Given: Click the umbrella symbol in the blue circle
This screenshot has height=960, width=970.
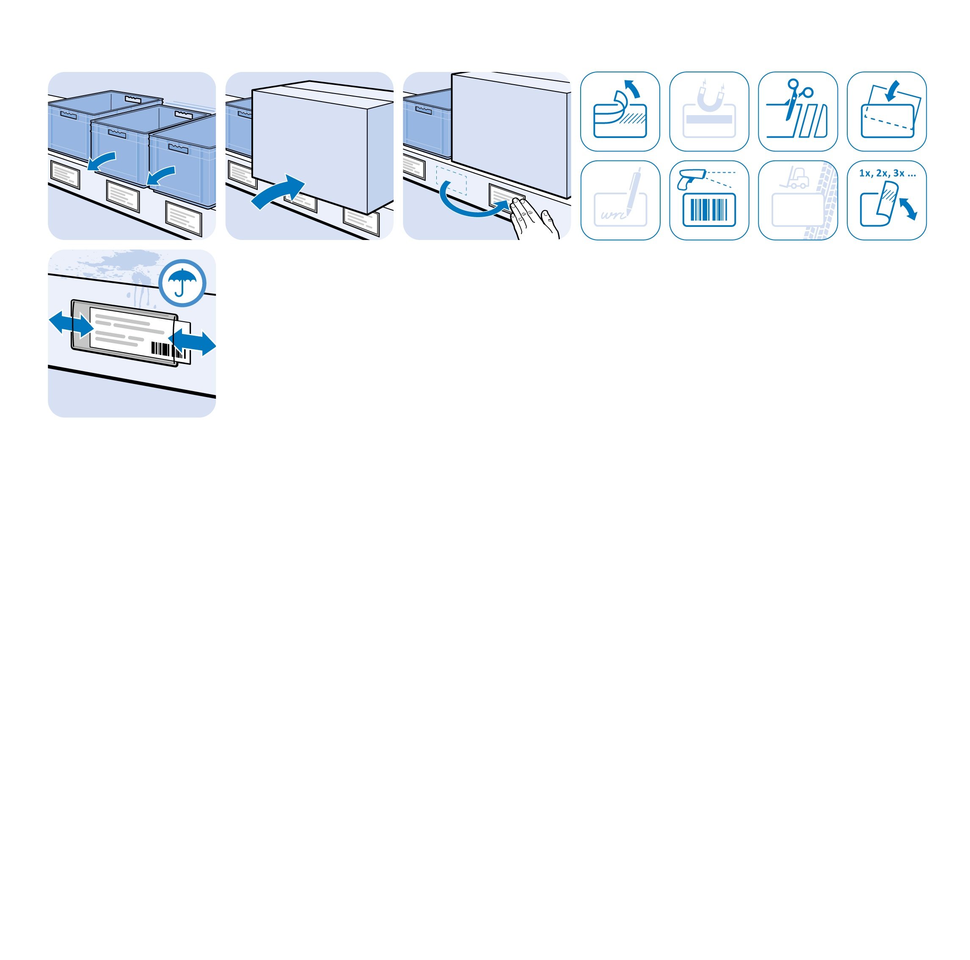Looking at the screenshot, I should tap(182, 282).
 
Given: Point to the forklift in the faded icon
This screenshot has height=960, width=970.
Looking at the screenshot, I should tap(797, 178).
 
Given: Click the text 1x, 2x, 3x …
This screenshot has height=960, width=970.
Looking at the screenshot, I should tap(887, 174).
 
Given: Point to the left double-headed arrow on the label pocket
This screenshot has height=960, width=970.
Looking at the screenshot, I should tap(71, 324).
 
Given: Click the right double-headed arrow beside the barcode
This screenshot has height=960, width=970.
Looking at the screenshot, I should tap(193, 342).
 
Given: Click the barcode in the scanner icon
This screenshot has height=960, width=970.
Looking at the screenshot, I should tap(709, 210).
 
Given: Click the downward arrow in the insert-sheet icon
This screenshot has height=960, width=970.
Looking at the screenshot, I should tap(892, 91).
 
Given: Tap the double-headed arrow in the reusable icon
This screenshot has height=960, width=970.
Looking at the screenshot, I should tap(908, 208).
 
